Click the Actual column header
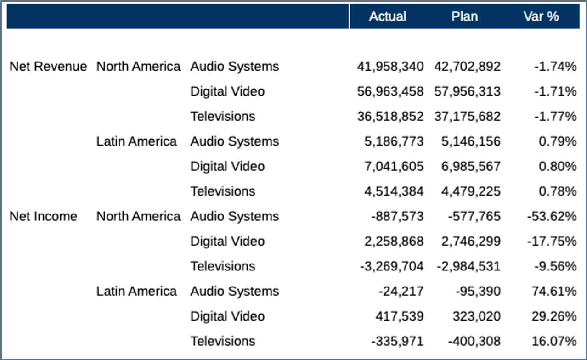pyautogui.click(x=388, y=17)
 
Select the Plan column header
pyautogui.click(x=464, y=17)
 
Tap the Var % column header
pyautogui.click(x=541, y=17)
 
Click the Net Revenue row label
pyautogui.click(x=48, y=67)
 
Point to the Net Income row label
pyautogui.click(x=44, y=216)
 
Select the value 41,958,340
pyautogui.click(x=390, y=67)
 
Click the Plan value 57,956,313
pyautogui.click(x=467, y=91)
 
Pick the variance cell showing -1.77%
pyautogui.click(x=555, y=116)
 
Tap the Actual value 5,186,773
pyautogui.click(x=394, y=141)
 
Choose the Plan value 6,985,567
pyautogui.click(x=471, y=166)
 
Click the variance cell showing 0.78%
pyautogui.click(x=558, y=191)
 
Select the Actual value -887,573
pyautogui.click(x=397, y=216)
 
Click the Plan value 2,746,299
pyautogui.click(x=471, y=241)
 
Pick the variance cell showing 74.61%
pyautogui.click(x=554, y=291)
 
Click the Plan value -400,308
pyautogui.click(x=474, y=341)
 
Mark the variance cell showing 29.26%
pyautogui.click(x=554, y=316)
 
